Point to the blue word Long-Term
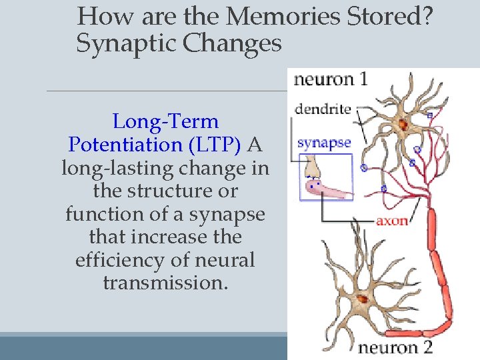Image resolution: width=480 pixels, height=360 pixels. pyautogui.click(x=165, y=121)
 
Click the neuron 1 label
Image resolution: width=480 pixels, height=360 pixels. pyautogui.click(x=331, y=79)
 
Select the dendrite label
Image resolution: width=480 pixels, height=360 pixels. pyautogui.click(x=323, y=109)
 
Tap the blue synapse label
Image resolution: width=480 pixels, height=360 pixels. pyautogui.click(x=324, y=142)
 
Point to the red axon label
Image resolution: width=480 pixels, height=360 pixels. pyautogui.click(x=393, y=220)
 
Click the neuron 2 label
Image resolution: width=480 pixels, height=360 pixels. pyautogui.click(x=396, y=347)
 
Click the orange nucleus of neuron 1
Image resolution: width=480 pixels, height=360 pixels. pyautogui.click(x=403, y=124)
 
